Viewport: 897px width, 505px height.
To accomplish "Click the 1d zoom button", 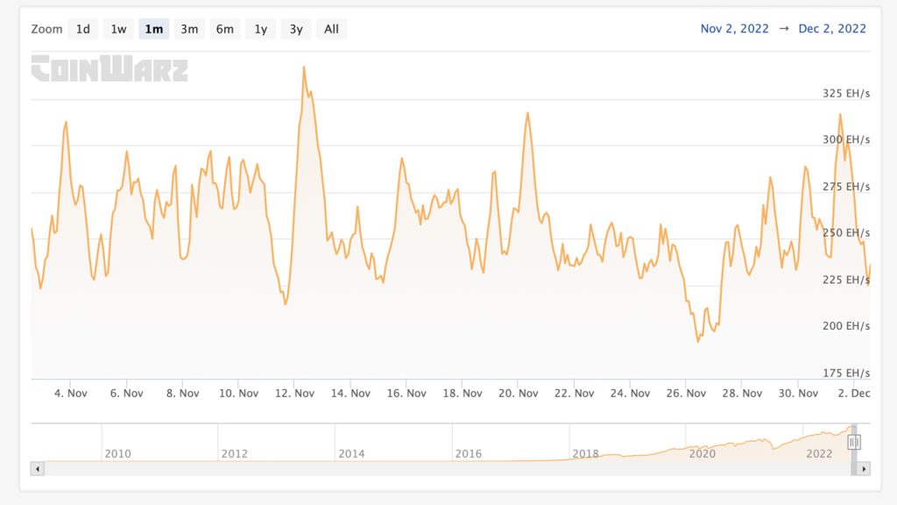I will pos(83,29).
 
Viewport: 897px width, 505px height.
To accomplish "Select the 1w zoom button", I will pos(118,29).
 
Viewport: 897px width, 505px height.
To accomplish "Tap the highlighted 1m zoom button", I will pos(154,29).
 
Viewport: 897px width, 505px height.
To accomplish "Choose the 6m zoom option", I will pos(225,29).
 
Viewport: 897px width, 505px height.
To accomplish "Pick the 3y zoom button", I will pos(296,29).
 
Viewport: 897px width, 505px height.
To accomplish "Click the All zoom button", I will pos(331,29).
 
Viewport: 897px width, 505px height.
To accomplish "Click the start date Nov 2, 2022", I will pos(734,29).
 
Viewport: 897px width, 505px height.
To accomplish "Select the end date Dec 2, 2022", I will pos(832,29).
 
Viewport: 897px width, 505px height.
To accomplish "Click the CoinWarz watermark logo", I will pos(109,68).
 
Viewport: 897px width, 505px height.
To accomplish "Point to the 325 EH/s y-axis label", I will pos(846,93).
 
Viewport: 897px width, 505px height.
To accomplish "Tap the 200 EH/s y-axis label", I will pos(846,326).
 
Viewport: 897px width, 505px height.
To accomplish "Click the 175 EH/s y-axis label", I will pos(846,373).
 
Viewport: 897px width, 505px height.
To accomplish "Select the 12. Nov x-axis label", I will pos(294,394).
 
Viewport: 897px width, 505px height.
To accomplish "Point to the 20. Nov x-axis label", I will pos(518,394).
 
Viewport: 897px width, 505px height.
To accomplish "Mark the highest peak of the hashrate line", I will pos(303,67).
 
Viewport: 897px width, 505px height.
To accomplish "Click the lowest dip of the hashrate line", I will pos(698,341).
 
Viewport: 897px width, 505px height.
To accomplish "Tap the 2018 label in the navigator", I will pos(585,453).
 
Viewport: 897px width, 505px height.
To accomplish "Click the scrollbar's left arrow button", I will pos(37,469).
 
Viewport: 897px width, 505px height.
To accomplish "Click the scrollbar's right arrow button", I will pos(865,469).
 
